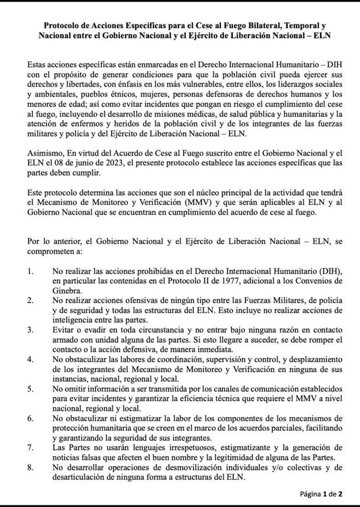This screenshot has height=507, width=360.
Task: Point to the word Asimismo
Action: pyautogui.click(x=44, y=153)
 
